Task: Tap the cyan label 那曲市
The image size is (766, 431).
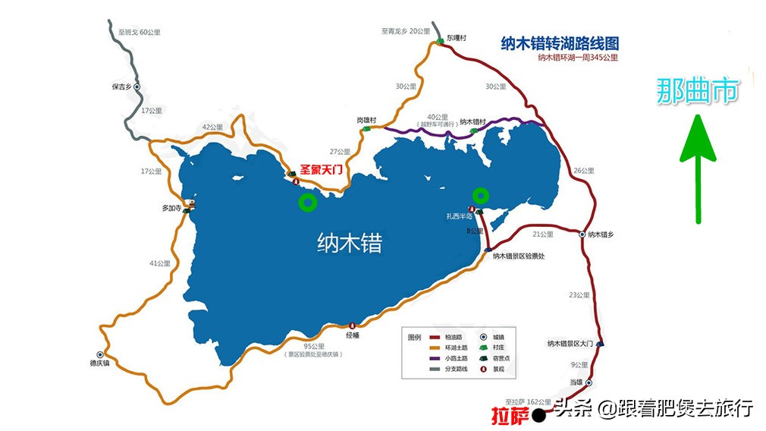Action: coord(697,92)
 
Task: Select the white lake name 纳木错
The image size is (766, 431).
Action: coord(349,244)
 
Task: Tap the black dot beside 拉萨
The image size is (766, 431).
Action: coord(538,415)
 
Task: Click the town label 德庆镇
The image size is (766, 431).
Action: coord(99,363)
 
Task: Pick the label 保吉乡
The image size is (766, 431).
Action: coord(122,87)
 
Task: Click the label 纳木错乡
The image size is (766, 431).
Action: coord(600,234)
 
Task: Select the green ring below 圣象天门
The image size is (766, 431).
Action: coord(307,202)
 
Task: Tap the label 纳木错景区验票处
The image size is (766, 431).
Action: coord(524,256)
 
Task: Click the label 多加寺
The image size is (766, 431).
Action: coord(172,207)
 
